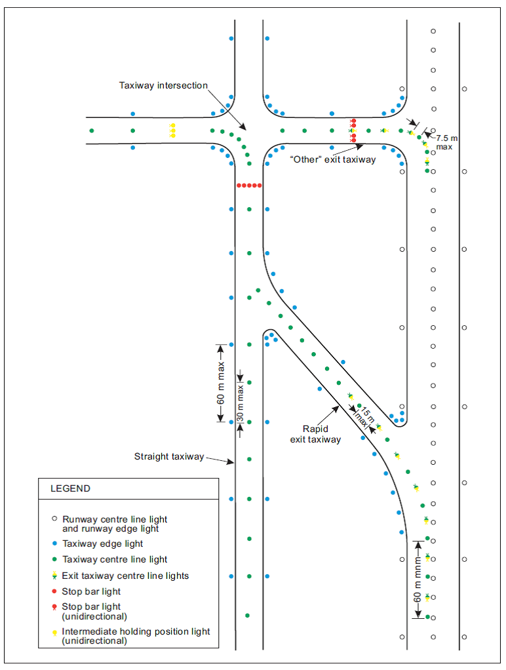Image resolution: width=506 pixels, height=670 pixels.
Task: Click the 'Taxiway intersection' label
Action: click(163, 86)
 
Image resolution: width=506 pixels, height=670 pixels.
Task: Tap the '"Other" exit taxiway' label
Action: click(333, 159)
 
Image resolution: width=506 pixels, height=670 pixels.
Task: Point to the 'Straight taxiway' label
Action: click(169, 456)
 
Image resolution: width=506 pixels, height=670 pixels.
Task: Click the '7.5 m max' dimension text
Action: click(445, 143)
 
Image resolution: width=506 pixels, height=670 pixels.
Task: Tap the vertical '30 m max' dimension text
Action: click(241, 401)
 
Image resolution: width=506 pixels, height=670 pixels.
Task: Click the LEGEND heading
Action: click(70, 488)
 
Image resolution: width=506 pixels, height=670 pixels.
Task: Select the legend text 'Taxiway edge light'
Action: click(102, 543)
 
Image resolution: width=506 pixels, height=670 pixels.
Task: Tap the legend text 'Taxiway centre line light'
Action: click(115, 559)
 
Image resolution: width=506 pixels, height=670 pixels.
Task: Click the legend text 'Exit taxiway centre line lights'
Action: click(125, 576)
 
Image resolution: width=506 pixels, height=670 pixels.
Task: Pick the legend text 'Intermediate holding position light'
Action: click(136, 631)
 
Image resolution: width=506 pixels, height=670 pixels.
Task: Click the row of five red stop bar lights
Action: click(249, 186)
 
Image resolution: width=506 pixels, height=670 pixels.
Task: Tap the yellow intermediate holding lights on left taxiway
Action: click(172, 130)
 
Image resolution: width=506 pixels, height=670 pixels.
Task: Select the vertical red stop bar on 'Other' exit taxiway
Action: click(353, 130)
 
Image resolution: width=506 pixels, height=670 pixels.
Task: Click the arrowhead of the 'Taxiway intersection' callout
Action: click(244, 128)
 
